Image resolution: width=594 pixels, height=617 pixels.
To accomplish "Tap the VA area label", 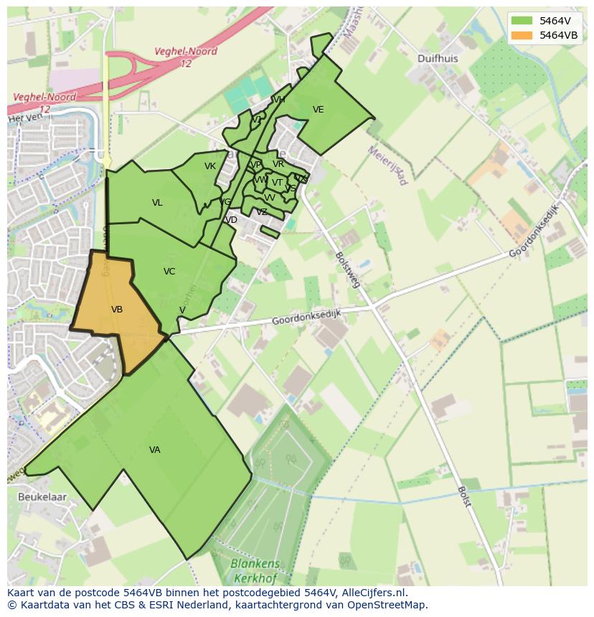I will (155, 450).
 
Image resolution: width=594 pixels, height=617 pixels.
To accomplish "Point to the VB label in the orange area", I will (117, 310).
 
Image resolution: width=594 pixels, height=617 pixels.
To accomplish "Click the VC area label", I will (169, 272).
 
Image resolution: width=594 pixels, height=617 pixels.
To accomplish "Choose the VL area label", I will (157, 203).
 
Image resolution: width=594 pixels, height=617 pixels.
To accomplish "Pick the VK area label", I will (210, 166).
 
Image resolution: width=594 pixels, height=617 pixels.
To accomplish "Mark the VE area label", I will (319, 110).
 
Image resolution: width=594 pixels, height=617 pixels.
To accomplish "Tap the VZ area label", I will (262, 212).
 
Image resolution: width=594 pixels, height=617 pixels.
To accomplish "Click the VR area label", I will (278, 164).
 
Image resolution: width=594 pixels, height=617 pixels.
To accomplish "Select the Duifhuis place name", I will (437, 59).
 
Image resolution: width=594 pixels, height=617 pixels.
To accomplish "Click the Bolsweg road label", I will (346, 267).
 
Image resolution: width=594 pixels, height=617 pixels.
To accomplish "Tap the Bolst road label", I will (463, 496).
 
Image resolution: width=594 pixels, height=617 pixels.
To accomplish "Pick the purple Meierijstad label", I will (387, 166).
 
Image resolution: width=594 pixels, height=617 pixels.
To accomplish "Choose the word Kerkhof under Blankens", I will (255, 577).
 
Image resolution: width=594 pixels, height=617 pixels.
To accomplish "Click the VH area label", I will (279, 100).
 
